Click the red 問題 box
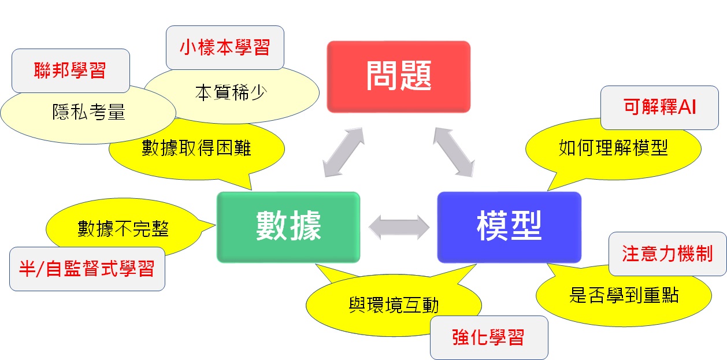point(399,77)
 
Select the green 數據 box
point(288,227)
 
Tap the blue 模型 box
point(509,227)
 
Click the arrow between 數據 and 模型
point(399,227)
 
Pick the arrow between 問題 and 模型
point(454,151)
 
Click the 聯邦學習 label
point(71,70)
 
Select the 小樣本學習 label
point(225,47)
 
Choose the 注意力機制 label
point(667,254)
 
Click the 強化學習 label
point(489,337)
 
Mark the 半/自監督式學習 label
point(87,269)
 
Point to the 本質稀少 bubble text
point(231,92)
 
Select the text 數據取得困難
point(196,149)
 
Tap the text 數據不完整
point(123,229)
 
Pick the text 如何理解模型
point(613,149)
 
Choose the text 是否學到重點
point(624,296)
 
